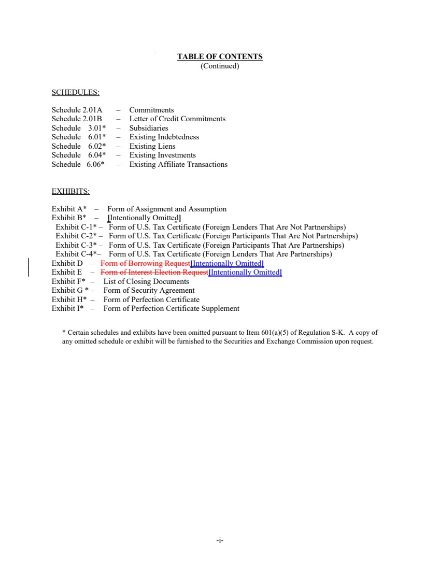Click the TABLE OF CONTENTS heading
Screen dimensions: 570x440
pyautogui.click(x=220, y=56)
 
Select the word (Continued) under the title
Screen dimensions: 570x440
pyautogui.click(x=220, y=66)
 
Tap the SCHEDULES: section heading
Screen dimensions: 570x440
pyautogui.click(x=75, y=93)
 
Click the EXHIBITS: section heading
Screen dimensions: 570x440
pyautogui.click(x=70, y=191)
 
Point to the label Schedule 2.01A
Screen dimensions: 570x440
pyautogui.click(x=77, y=110)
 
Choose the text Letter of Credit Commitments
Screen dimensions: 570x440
pyautogui.click(x=177, y=119)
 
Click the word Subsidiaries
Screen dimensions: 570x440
pyautogui.click(x=149, y=128)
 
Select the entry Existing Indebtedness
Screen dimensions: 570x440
pyautogui.click(x=164, y=137)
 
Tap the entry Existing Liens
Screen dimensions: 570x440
pyautogui.click(x=152, y=146)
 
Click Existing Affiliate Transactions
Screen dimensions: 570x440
pyautogui.click(x=178, y=164)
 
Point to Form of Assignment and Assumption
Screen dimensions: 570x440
pyautogui.click(x=167, y=209)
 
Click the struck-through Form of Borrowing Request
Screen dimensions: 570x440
pyautogui.click(x=145, y=263)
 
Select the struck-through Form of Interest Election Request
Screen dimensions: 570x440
pyautogui.click(x=154, y=272)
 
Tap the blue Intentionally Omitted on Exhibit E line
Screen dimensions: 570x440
pyautogui.click(x=245, y=272)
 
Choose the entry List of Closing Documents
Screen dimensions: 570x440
pyautogui.click(x=146, y=281)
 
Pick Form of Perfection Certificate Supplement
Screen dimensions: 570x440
pyautogui.click(x=171, y=308)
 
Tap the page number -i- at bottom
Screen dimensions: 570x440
pyautogui.click(x=220, y=540)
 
